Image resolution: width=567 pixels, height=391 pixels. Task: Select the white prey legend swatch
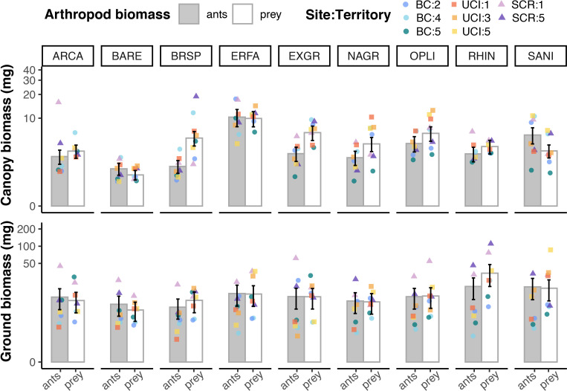tap(250, 14)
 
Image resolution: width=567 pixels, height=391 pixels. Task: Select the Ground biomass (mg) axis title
tap(10, 294)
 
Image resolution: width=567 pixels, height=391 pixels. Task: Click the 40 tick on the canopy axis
tap(33, 69)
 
